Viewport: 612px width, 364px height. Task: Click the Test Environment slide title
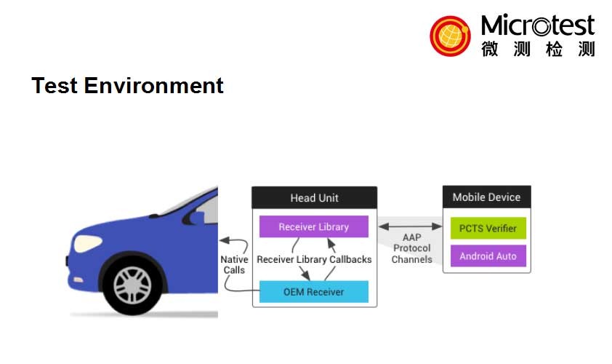(x=127, y=86)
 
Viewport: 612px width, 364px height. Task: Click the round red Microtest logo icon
(x=450, y=36)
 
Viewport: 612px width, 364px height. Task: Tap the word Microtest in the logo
(x=537, y=26)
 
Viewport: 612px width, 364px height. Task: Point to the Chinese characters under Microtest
(x=537, y=49)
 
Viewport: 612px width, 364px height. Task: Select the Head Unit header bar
(x=314, y=198)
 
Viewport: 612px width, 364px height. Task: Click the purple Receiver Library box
(x=314, y=227)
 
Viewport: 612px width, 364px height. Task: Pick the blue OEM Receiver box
(x=314, y=292)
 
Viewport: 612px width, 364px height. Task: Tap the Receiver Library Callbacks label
(x=314, y=259)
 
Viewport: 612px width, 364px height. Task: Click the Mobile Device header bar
(x=486, y=197)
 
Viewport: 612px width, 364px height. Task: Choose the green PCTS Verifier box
(x=488, y=229)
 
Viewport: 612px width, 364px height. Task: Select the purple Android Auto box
(x=488, y=256)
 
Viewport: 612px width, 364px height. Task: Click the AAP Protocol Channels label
(x=411, y=249)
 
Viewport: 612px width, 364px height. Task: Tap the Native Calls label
(x=234, y=264)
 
